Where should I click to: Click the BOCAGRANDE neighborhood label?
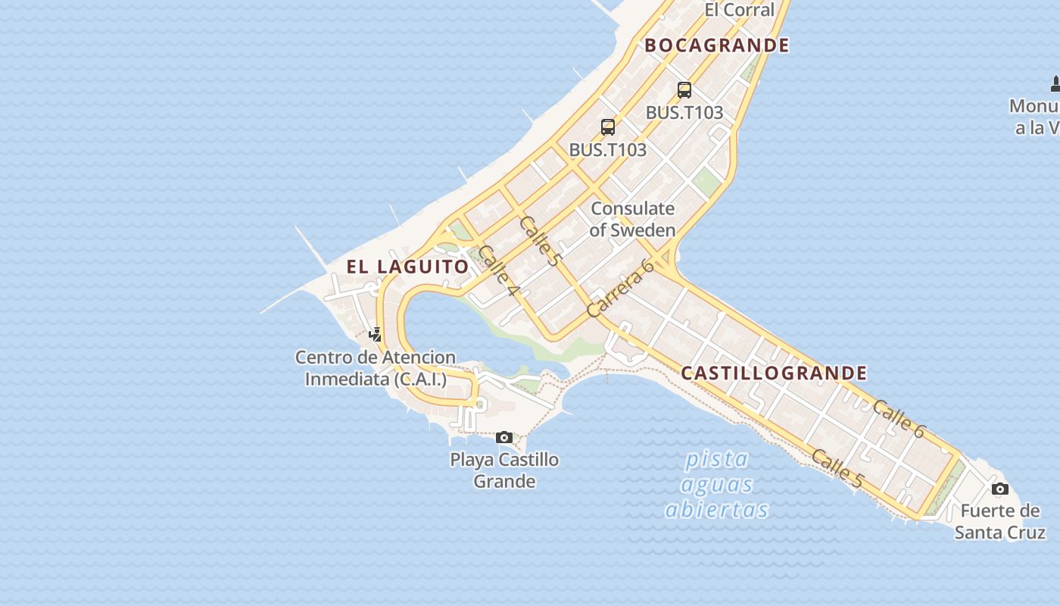click(716, 45)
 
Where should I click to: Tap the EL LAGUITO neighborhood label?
click(408, 267)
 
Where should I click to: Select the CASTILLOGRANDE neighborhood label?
click(774, 373)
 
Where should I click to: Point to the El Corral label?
click(739, 10)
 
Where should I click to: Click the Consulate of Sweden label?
click(632, 219)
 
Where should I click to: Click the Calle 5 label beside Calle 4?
click(541, 241)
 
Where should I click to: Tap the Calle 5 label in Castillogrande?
click(837, 467)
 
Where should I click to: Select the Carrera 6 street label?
click(619, 289)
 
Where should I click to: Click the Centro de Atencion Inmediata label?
click(376, 368)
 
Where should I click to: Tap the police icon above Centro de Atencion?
click(375, 334)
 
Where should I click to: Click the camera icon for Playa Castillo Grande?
click(503, 437)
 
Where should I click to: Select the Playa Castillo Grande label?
click(504, 470)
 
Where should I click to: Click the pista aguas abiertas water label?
click(716, 484)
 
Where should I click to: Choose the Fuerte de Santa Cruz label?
click(999, 521)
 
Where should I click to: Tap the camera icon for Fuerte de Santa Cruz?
click(1000, 489)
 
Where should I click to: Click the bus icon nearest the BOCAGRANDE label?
click(684, 90)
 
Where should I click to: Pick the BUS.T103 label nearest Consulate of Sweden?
click(608, 150)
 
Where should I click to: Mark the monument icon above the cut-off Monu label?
click(1055, 83)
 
